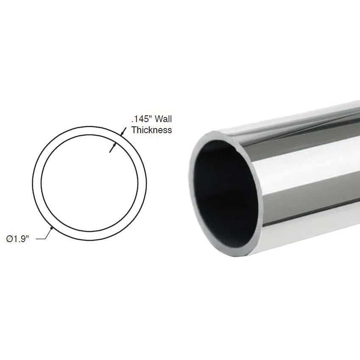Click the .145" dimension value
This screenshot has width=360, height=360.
(142, 120)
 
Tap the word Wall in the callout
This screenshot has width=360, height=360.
(163, 120)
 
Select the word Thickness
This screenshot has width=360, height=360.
(151, 130)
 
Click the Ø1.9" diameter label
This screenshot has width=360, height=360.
(18, 239)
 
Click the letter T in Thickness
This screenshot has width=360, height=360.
(134, 130)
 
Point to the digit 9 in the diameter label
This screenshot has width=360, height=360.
(23, 239)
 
